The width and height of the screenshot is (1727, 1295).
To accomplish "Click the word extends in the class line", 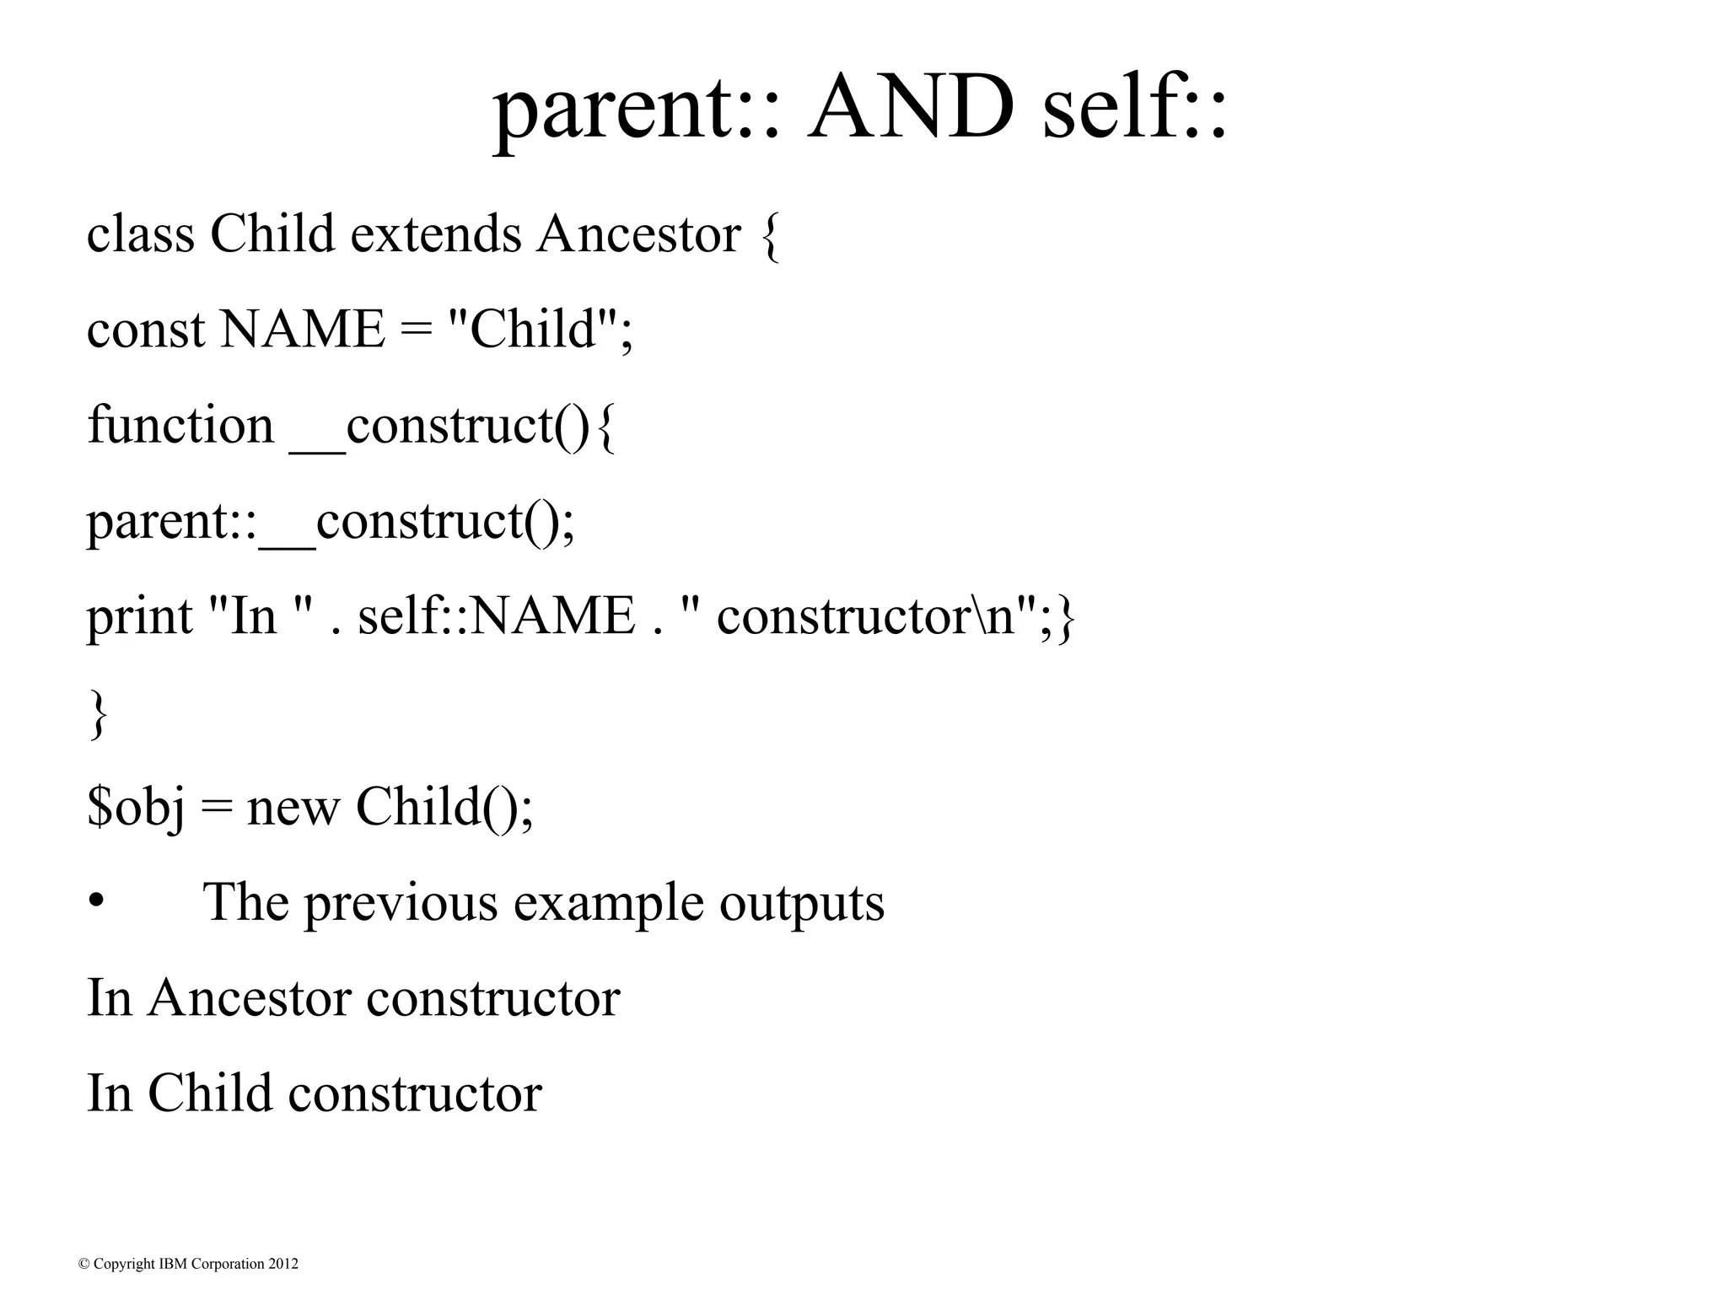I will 436,234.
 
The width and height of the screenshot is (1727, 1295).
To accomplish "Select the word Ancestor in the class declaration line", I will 638,234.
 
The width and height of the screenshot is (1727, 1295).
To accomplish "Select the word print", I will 140,616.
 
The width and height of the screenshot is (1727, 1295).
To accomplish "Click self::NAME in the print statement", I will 496,616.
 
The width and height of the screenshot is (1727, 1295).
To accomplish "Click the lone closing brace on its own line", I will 98,714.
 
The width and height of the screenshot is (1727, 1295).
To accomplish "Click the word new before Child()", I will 293,808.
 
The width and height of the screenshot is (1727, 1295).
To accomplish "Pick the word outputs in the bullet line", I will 801,903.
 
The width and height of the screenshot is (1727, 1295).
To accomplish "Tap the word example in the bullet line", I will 608,903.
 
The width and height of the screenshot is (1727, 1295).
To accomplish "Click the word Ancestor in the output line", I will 249,998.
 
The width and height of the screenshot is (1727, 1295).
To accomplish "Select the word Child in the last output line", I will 210,1093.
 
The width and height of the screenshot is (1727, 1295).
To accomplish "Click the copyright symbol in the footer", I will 83,1264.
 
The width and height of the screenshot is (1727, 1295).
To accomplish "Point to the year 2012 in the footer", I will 283,1264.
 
